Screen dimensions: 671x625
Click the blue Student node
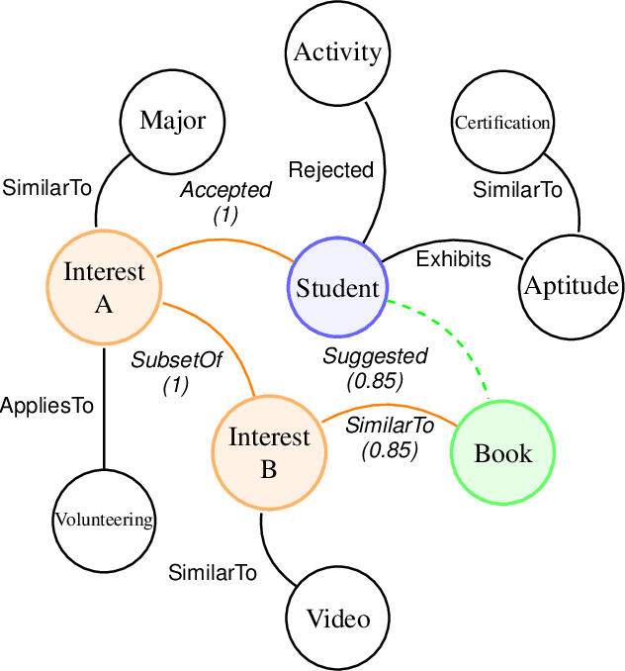pyautogui.click(x=338, y=288)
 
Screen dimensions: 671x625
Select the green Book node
pyautogui.click(x=502, y=453)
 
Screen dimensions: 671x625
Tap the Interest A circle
pyautogui.click(x=104, y=287)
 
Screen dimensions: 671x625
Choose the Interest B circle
pyautogui.click(x=269, y=453)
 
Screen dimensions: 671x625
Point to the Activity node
pyautogui.click(x=338, y=52)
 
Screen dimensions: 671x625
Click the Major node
pyautogui.click(x=173, y=121)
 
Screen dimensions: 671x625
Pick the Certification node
pyautogui.click(x=502, y=123)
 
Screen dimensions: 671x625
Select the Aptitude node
pyautogui.click(x=571, y=287)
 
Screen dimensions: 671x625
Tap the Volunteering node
pyautogui.click(x=104, y=520)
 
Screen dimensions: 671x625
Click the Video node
pyautogui.click(x=338, y=620)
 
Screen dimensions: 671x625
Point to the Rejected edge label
pyautogui.click(x=331, y=170)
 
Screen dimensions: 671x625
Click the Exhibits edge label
pyautogui.click(x=453, y=259)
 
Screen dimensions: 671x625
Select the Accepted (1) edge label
pyautogui.click(x=225, y=201)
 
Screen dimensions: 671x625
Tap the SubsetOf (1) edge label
pyautogui.click(x=177, y=372)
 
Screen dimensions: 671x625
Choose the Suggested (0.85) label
pyautogui.click(x=376, y=366)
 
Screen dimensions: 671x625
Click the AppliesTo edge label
pyautogui.click(x=47, y=406)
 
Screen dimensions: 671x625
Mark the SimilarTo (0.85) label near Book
pyautogui.click(x=390, y=436)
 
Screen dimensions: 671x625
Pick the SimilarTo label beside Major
pyautogui.click(x=47, y=186)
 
